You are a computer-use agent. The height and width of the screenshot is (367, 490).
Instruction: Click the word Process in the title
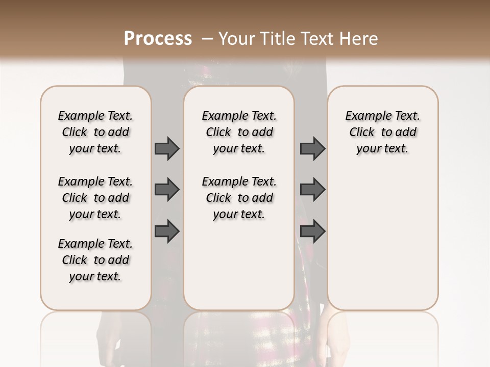158,39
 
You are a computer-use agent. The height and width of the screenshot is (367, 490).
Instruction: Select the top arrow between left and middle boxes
167,148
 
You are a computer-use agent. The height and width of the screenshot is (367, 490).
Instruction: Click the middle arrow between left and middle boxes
167,190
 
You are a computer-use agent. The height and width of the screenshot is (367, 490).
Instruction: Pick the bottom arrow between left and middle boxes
167,231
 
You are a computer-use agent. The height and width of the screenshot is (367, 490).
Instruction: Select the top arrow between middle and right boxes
312,148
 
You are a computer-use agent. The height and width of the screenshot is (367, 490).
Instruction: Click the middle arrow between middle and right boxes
312,190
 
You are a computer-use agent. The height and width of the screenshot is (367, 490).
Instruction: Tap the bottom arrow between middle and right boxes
312,231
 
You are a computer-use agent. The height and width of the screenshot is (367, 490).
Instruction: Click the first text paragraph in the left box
95,132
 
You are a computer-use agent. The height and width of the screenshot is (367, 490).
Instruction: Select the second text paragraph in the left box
95,198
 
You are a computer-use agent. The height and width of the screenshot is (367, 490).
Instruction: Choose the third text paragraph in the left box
95,260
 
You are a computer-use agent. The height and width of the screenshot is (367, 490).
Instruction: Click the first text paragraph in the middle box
239,132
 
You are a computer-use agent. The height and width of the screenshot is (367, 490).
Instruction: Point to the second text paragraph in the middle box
239,198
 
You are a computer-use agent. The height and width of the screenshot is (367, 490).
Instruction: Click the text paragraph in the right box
383,132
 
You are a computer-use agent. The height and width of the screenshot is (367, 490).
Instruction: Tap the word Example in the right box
364,116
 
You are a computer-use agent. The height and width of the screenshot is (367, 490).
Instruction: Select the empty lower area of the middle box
239,265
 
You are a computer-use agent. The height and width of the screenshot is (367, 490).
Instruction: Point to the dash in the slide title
207,39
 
